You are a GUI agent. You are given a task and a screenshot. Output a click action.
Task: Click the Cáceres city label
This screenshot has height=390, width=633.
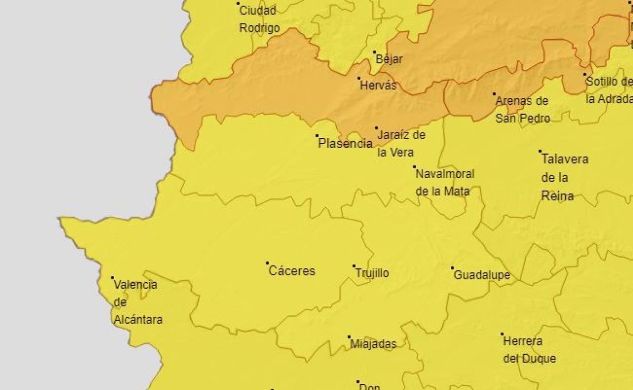pos(292,271)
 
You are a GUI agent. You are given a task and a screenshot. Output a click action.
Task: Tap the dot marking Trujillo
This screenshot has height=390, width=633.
pos(354,266)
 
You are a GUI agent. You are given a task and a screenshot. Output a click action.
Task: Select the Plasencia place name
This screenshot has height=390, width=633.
pos(345,144)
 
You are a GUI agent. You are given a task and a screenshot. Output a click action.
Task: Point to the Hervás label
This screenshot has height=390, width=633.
pos(378,86)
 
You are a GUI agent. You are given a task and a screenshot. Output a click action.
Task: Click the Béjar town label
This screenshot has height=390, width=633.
pos(389,59)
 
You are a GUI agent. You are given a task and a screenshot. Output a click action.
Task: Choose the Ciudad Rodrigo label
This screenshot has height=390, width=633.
pos(259,19)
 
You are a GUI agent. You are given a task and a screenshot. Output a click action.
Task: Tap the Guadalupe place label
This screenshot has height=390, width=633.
pos(481,275)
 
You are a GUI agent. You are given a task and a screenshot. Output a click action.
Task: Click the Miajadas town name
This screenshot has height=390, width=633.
pos(373,344)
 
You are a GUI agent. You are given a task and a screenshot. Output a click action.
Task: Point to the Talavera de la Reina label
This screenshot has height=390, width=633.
pos(564,177)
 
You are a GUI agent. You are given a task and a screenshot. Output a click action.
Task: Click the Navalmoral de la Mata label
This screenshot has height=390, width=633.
pos(444,182)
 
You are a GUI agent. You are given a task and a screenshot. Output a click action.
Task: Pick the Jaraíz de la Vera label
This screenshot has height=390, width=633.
pos(401,144)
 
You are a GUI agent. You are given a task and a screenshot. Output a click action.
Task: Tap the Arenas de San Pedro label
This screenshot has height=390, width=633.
pos(522,109)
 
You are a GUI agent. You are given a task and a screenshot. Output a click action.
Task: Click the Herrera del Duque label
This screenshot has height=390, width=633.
pos(529,350)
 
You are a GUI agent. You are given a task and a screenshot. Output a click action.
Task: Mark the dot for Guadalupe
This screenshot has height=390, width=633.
pos(452,268)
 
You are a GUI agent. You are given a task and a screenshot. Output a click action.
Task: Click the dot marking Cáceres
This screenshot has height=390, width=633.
pos(267,263)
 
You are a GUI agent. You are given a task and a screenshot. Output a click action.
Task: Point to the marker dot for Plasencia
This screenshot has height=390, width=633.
pos(317,136)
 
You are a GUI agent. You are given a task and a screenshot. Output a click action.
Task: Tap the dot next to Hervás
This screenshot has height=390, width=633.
pos(359,78)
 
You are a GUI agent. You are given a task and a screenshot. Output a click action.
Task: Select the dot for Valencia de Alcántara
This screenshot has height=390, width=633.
pos(113,278)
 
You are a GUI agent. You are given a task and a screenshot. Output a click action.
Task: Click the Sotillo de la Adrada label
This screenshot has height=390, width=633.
pos(609,90)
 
